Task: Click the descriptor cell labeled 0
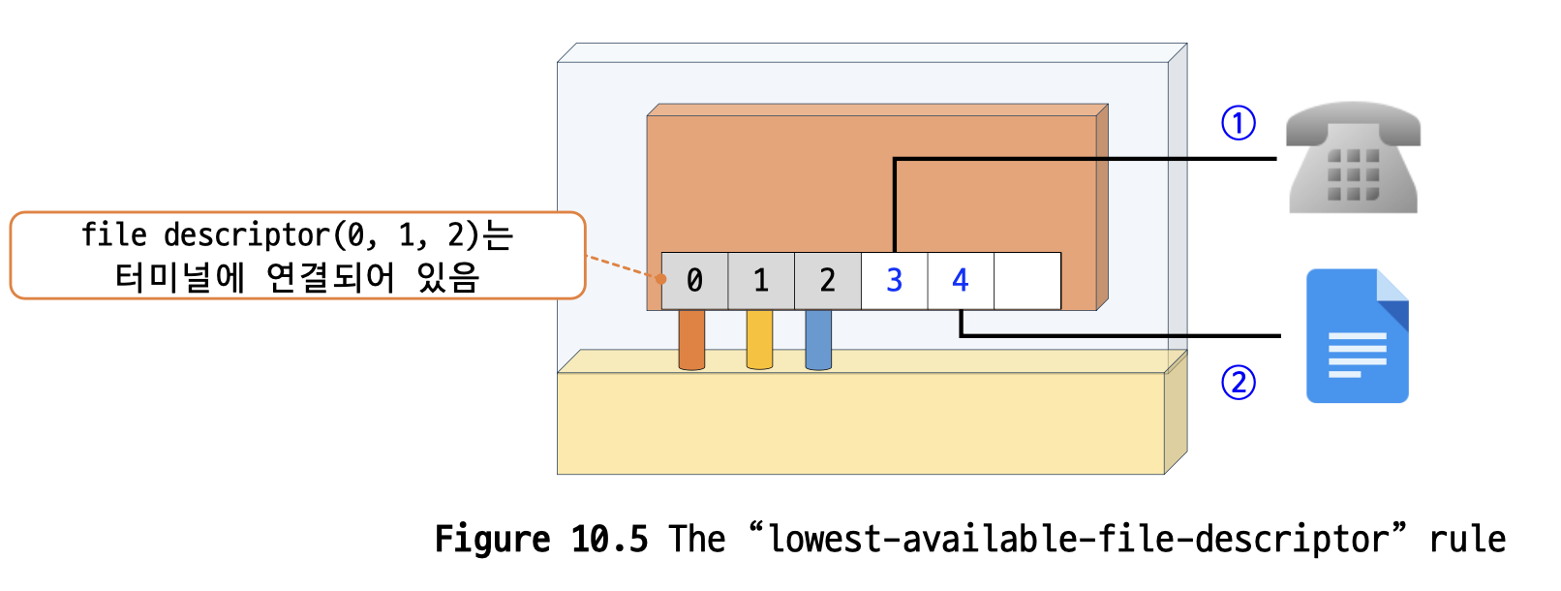tap(694, 281)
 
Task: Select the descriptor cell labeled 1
tap(761, 281)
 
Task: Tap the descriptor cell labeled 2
tap(827, 281)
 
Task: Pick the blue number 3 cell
tap(894, 281)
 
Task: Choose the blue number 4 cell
tap(961, 281)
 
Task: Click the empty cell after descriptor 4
tap(1027, 281)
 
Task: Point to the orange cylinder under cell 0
tap(691, 340)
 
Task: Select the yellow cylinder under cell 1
tap(759, 340)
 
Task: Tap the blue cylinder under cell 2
tap(818, 340)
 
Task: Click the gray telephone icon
tap(1353, 158)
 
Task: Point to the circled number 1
tap(1238, 123)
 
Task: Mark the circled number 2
tap(1238, 383)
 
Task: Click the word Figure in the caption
tap(492, 540)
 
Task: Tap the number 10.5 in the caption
tap(609, 540)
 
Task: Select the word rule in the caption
tap(1467, 540)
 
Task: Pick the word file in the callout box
tap(113, 235)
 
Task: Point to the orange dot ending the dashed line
tap(660, 279)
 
